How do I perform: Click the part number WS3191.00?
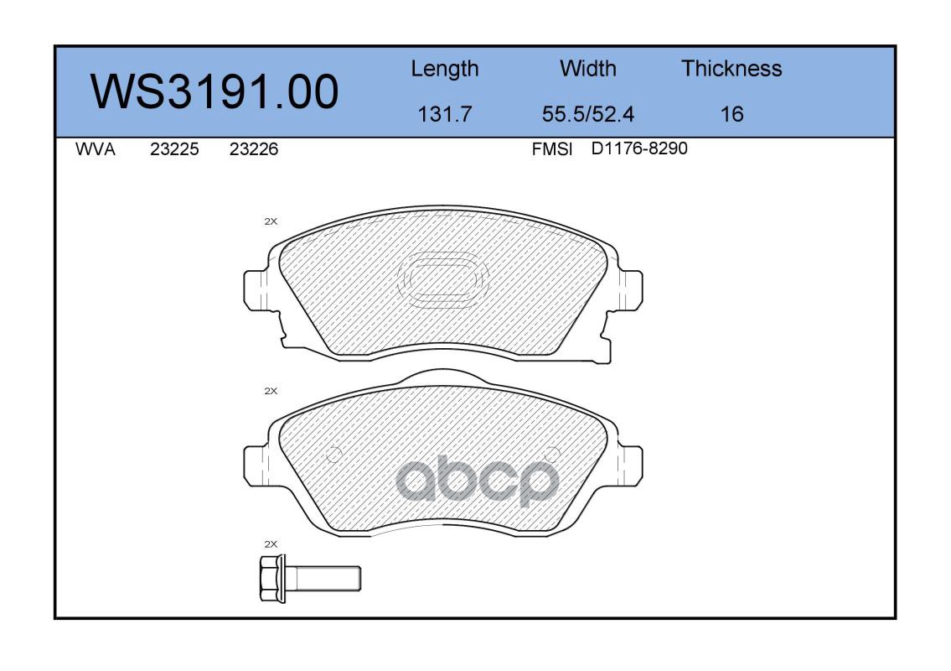coord(214,92)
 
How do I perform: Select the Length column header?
coord(445,70)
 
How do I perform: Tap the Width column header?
coord(587,69)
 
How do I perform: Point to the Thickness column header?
coord(731,69)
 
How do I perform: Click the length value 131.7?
coord(445,114)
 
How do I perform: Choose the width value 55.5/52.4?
coord(587,114)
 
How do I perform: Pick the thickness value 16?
coord(731,114)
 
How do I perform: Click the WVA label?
coord(96,149)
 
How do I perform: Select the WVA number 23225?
coord(174,149)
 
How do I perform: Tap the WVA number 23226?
coord(254,149)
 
